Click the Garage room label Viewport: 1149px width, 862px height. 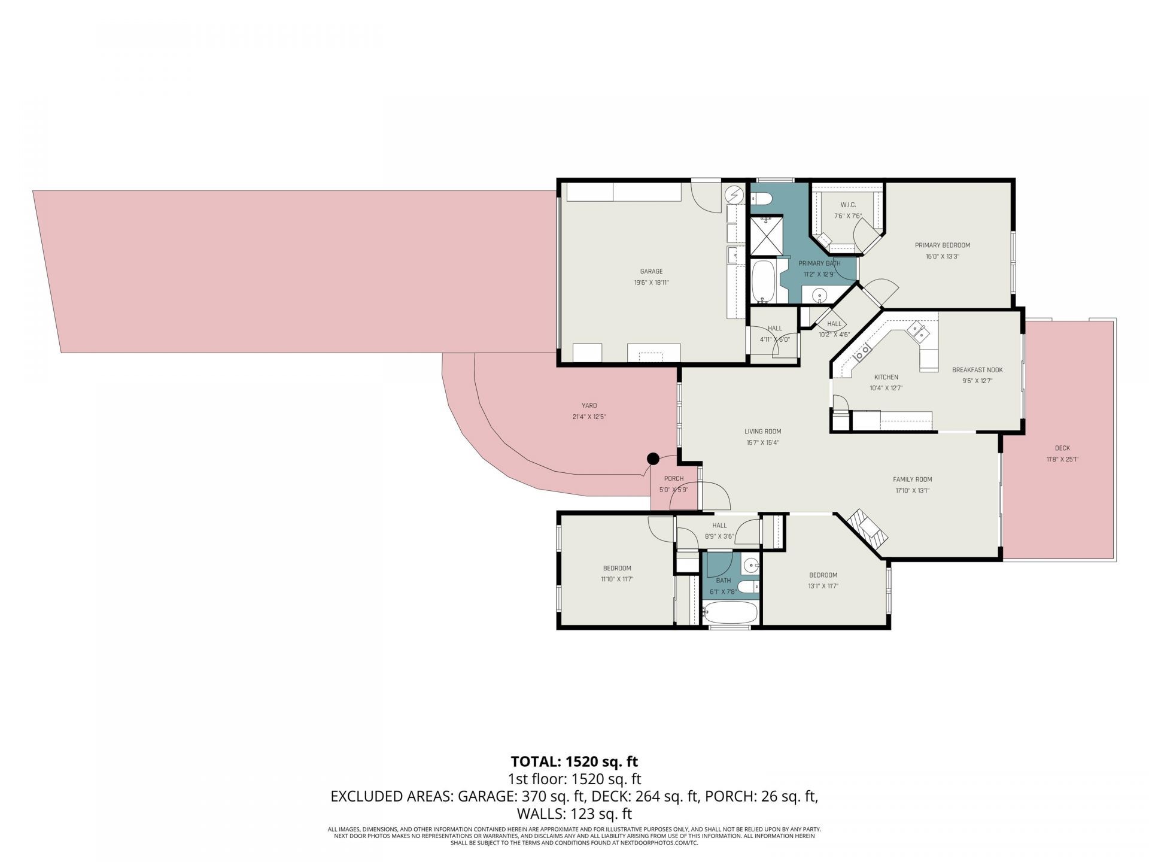coord(651,271)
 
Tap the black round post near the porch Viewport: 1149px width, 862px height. coord(653,459)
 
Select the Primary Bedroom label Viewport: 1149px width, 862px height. coord(942,245)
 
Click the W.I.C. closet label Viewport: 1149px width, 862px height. coord(848,205)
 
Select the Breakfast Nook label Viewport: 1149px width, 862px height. coord(977,370)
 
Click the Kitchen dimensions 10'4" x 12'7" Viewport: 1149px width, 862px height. coord(886,388)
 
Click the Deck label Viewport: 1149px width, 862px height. coord(1062,448)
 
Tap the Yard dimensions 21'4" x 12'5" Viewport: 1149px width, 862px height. coord(589,417)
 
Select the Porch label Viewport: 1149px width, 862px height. coord(674,478)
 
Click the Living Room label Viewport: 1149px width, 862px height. coord(762,431)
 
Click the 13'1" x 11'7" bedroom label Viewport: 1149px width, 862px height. coord(823,586)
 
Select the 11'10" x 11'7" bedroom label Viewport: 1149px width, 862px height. coord(617,579)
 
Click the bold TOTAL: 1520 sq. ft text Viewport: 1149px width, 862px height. coord(574,761)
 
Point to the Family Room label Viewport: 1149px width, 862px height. coord(912,479)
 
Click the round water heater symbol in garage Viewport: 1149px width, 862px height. coord(735,195)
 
